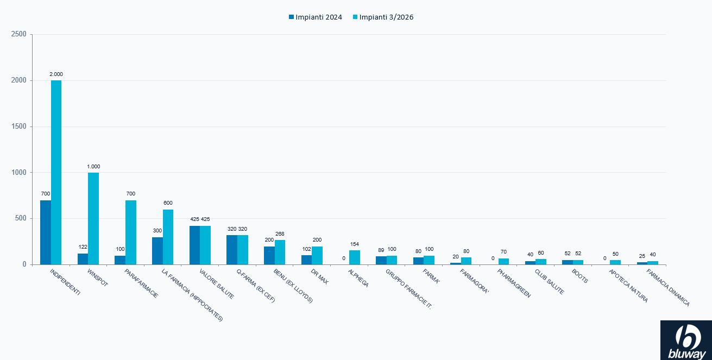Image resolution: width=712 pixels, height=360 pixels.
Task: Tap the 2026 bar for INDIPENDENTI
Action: [x=56, y=172]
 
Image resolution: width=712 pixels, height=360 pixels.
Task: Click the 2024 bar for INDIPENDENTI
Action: [x=46, y=232]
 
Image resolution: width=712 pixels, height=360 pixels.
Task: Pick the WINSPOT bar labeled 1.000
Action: [x=93, y=218]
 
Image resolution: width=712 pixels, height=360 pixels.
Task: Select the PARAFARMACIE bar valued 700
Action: [x=131, y=232]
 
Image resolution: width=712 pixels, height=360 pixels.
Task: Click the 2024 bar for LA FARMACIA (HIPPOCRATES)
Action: [x=157, y=251]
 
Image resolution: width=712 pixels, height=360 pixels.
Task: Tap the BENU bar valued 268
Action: [x=280, y=252]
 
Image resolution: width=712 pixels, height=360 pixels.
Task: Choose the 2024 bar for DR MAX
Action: [x=306, y=260]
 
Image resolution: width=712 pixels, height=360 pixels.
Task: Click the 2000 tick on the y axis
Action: [x=18, y=80]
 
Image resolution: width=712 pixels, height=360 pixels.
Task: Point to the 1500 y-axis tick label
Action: [x=18, y=127]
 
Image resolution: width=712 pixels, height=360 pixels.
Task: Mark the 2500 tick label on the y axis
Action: [x=18, y=34]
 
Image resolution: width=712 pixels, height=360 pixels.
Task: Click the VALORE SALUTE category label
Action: [x=217, y=284]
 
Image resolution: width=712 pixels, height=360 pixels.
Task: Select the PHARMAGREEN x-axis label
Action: [x=514, y=283]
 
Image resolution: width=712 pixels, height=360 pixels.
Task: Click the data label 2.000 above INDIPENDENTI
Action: [x=56, y=74]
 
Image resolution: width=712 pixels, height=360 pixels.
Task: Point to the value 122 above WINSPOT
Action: [x=83, y=247]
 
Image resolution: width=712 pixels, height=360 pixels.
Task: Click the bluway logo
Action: [x=686, y=340]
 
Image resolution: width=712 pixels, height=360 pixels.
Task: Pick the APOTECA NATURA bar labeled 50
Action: [x=615, y=262]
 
